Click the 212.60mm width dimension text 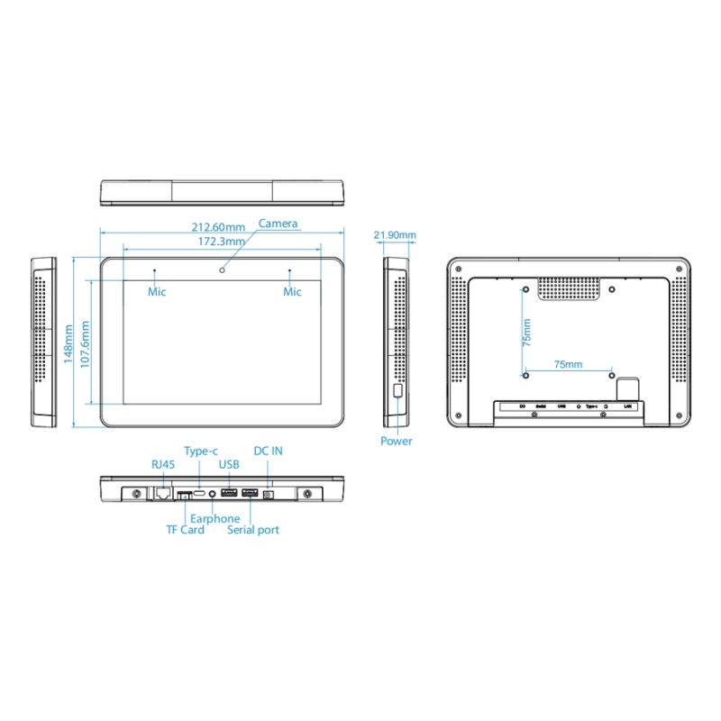point(216,226)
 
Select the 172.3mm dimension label point(221,241)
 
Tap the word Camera point(278,224)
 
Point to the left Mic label point(157,291)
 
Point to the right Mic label point(292,291)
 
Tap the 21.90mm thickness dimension point(395,235)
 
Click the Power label point(396,441)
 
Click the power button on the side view point(397,392)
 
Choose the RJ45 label point(163,464)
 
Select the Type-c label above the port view point(201,451)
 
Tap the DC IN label point(268,451)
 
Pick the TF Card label point(185,530)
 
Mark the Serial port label point(253,530)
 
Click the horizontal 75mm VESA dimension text point(568,364)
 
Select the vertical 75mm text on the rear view point(527,332)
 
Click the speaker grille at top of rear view point(570,288)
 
